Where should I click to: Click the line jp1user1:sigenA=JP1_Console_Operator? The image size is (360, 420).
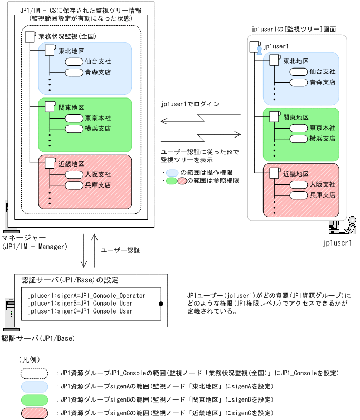pyautogui.click(x=87, y=296)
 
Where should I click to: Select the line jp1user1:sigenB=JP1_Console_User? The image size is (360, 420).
pyautogui.click(x=80, y=304)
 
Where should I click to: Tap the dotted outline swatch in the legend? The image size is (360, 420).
pyautogui.click(x=34, y=373)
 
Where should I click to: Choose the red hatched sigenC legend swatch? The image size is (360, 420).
pyautogui.click(x=34, y=413)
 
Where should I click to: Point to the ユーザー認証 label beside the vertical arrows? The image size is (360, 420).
pyautogui.click(x=120, y=250)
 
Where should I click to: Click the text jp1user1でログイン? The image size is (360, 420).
pyautogui.click(x=190, y=104)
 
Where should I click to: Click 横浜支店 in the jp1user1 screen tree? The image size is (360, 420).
pyautogui.click(x=323, y=138)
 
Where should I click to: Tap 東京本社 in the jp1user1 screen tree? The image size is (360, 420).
pyautogui.click(x=323, y=128)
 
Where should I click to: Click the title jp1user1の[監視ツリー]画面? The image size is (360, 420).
pyautogui.click(x=294, y=29)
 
